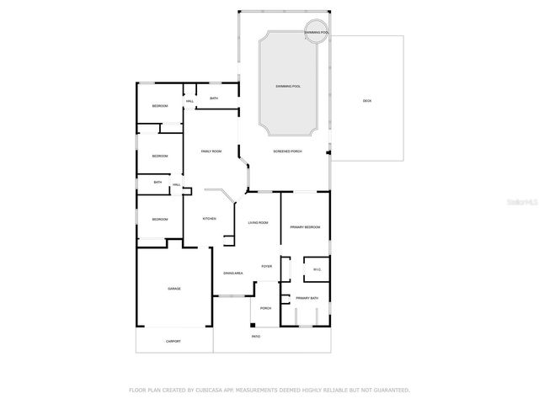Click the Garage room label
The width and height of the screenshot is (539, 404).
[174, 289]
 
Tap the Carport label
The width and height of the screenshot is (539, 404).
[173, 341]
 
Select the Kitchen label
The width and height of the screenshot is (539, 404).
[209, 219]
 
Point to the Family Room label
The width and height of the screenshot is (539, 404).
[211, 151]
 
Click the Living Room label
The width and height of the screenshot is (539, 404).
[258, 222]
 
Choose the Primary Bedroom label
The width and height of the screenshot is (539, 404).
[305, 227]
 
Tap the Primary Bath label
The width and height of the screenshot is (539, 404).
[307, 299]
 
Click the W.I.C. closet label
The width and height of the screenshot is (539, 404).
[317, 270]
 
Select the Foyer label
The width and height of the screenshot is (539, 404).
[266, 266]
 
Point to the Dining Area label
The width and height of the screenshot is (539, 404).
[233, 274]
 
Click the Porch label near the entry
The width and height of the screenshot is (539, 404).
[265, 308]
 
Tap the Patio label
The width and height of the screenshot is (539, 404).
[256, 337]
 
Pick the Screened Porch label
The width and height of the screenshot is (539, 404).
[287, 151]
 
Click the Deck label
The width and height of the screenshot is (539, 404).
[367, 101]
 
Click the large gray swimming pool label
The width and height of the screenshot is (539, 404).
[289, 87]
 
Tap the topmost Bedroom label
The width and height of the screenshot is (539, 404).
[160, 106]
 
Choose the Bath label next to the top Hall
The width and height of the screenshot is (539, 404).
[214, 99]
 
